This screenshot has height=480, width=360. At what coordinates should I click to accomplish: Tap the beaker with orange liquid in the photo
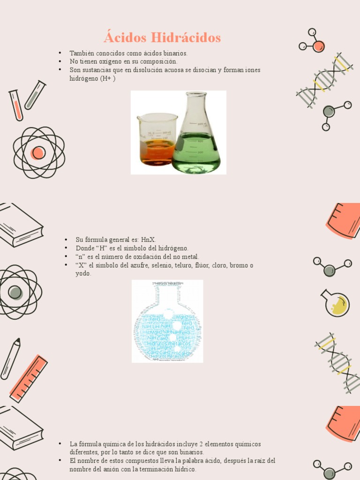click(x=157, y=140)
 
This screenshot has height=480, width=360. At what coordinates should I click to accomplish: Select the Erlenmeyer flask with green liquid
click(x=196, y=136)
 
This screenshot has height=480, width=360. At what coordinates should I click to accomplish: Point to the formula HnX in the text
click(x=149, y=240)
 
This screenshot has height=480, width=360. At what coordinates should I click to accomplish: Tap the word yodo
click(x=83, y=273)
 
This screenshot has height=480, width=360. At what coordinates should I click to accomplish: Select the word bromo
click(x=240, y=265)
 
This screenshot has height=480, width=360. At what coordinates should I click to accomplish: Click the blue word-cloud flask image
click(x=167, y=322)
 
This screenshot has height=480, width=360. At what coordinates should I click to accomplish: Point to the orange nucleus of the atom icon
click(x=38, y=152)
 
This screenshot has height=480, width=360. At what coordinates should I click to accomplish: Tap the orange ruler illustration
click(x=29, y=379)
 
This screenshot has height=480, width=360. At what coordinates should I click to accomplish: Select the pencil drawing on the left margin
click(x=10, y=359)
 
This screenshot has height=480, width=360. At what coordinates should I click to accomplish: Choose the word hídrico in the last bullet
click(x=185, y=469)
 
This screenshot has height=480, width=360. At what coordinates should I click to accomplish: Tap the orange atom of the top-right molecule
click(x=319, y=46)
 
